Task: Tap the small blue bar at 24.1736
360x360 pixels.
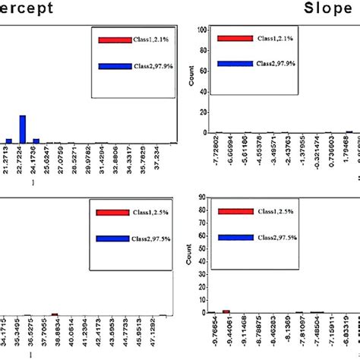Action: click(35, 140)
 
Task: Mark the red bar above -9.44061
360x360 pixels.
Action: click(226, 311)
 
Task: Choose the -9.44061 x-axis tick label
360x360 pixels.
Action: click(226, 333)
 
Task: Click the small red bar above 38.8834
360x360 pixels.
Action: click(54, 313)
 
